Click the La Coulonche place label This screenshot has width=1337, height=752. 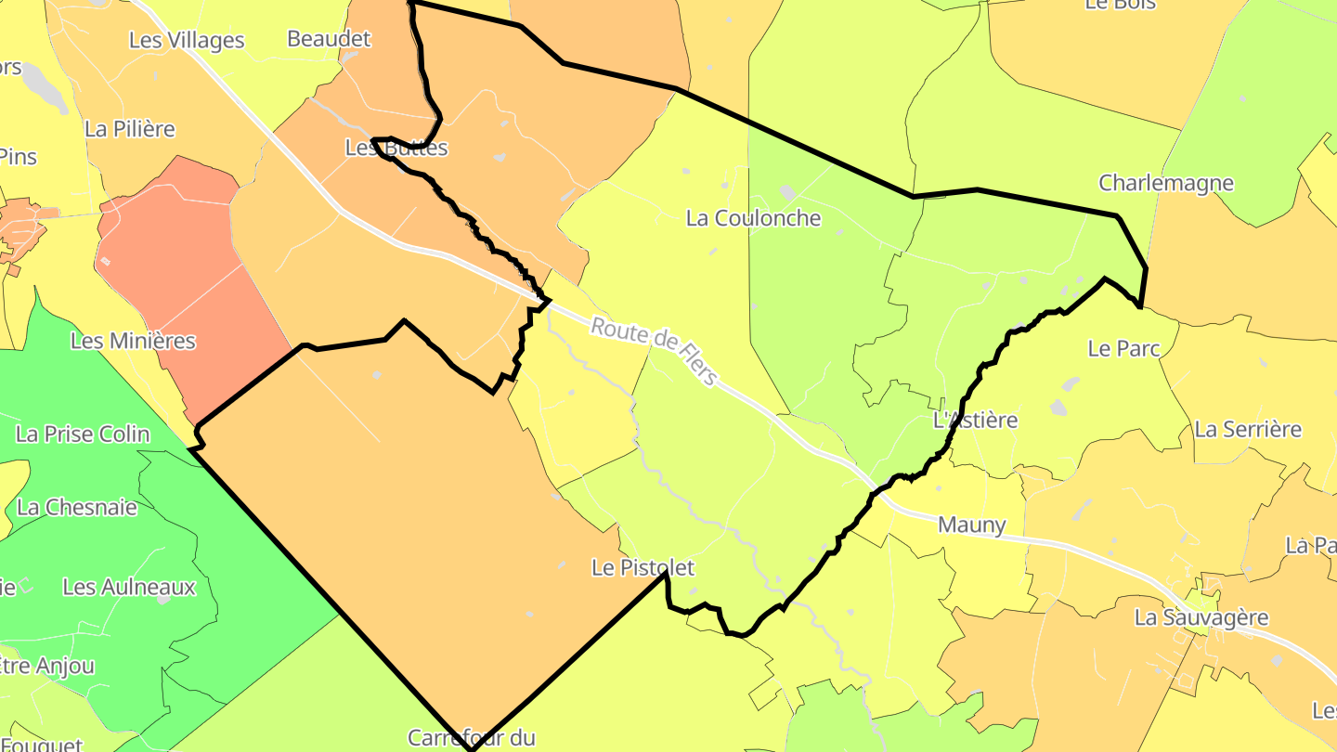click(753, 218)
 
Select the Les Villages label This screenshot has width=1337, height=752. click(187, 40)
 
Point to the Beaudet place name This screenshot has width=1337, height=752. click(329, 39)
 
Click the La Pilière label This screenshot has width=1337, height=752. click(129, 129)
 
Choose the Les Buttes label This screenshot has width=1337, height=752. click(396, 148)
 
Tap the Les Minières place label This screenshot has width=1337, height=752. click(133, 341)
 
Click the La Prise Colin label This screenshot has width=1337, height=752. click(83, 434)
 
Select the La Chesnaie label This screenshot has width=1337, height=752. click(77, 507)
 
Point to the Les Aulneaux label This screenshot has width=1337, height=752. click(129, 587)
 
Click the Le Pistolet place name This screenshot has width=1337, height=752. click(643, 567)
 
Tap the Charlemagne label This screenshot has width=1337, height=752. click(1166, 183)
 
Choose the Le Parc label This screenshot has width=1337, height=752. click(1123, 348)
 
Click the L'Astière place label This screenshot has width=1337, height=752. click(975, 421)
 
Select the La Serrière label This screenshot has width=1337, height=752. click(1248, 429)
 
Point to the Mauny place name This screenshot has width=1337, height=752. click(971, 525)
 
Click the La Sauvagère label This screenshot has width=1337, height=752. click(1201, 617)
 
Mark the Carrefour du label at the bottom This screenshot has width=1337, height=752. click(472, 738)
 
